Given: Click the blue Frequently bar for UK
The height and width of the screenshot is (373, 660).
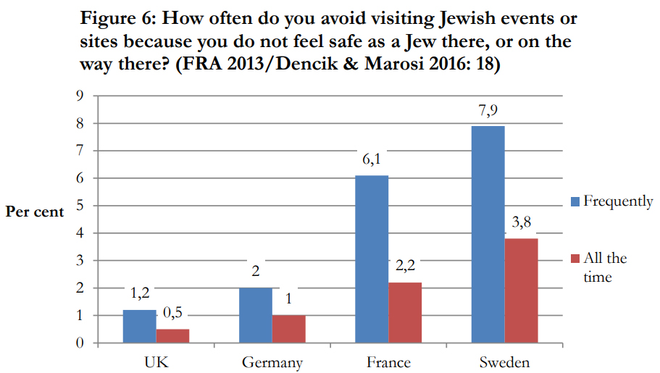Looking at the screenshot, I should point(139,327).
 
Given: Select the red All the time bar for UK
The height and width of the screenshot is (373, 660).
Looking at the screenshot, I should point(172,336).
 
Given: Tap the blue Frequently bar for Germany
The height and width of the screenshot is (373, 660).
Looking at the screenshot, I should point(255,316).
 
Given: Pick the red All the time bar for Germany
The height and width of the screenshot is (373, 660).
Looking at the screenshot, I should point(288,330).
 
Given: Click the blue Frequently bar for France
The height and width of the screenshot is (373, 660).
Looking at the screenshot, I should point(371,259).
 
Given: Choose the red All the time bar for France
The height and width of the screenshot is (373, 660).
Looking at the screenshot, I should point(404,313).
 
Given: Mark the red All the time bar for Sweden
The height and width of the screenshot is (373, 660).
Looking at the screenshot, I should point(521,290).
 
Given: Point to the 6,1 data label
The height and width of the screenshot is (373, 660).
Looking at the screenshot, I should point(371,160).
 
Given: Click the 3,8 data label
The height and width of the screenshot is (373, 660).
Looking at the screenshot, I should point(522,222).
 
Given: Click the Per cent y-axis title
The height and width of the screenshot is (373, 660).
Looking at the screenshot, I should point(34,212).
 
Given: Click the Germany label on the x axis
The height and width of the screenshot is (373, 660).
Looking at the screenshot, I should point(272,362).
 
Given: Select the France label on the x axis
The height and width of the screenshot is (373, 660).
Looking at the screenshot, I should point(388,362).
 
